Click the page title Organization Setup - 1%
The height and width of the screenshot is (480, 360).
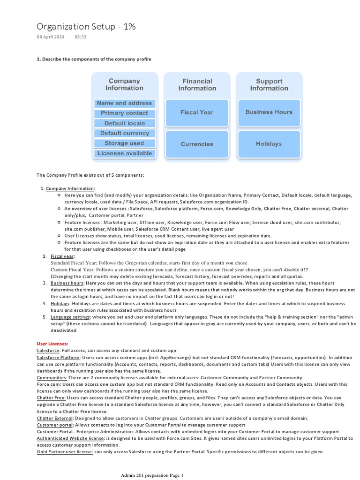pyautogui.click(x=86, y=27)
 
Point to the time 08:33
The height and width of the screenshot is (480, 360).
pyautogui.click(x=81, y=37)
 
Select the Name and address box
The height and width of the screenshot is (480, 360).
pyautogui.click(x=124, y=103)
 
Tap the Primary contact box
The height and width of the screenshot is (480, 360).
pyautogui.click(x=124, y=113)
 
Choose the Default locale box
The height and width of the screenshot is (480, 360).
pyautogui.click(x=124, y=123)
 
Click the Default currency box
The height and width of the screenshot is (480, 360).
pyautogui.click(x=124, y=133)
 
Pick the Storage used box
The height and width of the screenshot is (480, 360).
pyautogui.click(x=124, y=143)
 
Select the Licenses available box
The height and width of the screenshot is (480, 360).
pyautogui.click(x=124, y=153)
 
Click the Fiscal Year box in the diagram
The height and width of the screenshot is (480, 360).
pyautogui.click(x=197, y=112)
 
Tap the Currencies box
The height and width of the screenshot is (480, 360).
pyautogui.click(x=197, y=144)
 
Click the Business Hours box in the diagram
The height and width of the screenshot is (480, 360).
pyautogui.click(x=269, y=112)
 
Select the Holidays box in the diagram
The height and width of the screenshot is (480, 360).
pyautogui.click(x=269, y=144)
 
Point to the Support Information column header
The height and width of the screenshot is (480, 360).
pyautogui.click(x=269, y=85)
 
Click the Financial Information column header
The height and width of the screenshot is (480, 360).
pyautogui.click(x=197, y=85)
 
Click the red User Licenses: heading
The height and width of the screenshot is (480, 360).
pyautogui.click(x=52, y=344)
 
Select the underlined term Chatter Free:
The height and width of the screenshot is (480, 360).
pyautogui.click(x=52, y=397)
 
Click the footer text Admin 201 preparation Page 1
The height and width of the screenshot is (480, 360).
pyautogui.click(x=152, y=475)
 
